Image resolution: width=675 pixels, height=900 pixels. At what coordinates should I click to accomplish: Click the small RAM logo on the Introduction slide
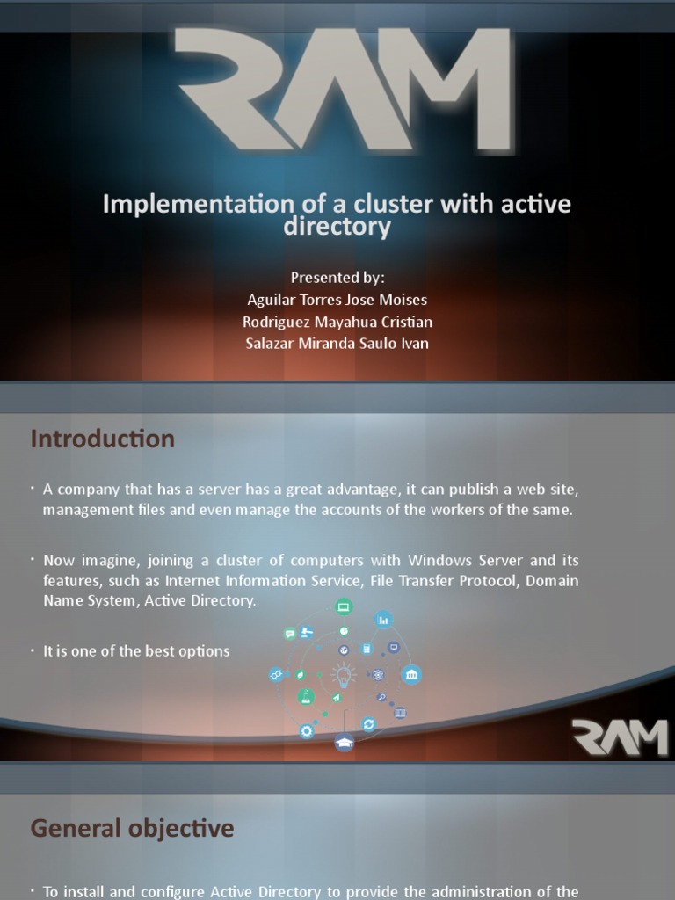pyautogui.click(x=620, y=737)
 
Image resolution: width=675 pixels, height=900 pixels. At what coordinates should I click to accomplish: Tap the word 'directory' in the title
pyautogui.click(x=337, y=227)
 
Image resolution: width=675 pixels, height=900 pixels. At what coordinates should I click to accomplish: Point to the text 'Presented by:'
pyautogui.click(x=337, y=277)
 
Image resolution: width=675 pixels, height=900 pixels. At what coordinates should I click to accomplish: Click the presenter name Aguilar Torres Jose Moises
pyautogui.click(x=337, y=300)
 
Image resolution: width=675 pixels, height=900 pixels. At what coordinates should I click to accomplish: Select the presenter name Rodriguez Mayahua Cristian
pyautogui.click(x=337, y=322)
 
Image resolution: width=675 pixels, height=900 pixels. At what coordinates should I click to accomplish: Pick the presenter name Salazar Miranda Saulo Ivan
pyautogui.click(x=337, y=343)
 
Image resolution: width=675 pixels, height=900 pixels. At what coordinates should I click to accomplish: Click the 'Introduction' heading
pyautogui.click(x=103, y=439)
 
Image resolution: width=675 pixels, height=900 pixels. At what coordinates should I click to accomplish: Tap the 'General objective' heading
pyautogui.click(x=133, y=827)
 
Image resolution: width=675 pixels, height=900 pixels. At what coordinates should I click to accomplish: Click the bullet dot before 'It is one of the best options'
pyautogui.click(x=32, y=650)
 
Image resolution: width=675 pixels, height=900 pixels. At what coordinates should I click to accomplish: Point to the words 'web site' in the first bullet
pyautogui.click(x=551, y=488)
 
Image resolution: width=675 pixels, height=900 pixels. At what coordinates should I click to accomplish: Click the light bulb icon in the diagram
pyautogui.click(x=344, y=674)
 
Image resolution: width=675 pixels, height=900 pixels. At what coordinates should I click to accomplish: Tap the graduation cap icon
pyautogui.click(x=344, y=743)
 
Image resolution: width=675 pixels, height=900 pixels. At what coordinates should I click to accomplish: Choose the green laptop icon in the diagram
pyautogui.click(x=344, y=606)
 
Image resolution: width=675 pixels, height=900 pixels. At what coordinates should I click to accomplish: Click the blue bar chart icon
pyautogui.click(x=383, y=620)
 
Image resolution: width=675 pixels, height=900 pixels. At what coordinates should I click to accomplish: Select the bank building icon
pyautogui.click(x=411, y=675)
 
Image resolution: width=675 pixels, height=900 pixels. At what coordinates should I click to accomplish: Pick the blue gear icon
pyautogui.click(x=307, y=731)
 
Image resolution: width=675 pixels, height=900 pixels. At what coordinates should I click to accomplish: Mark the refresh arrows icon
pyautogui.click(x=369, y=723)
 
